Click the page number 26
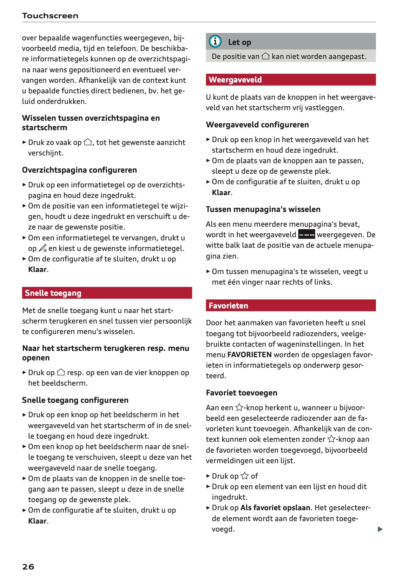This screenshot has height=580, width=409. (x=28, y=567)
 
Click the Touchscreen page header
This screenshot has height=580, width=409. (x=50, y=15)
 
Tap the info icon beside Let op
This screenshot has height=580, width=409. (x=215, y=41)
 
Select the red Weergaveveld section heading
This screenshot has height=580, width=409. (x=235, y=80)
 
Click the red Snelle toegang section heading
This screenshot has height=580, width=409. (x=53, y=293)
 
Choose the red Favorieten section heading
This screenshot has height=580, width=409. (x=228, y=306)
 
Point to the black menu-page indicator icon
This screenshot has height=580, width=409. (x=306, y=234)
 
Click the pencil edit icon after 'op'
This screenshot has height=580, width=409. (x=42, y=248)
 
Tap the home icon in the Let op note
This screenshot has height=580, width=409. (x=266, y=56)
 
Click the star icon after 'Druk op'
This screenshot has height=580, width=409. (x=245, y=476)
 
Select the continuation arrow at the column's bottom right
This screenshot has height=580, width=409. (x=380, y=529)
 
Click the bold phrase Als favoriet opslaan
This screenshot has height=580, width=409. (x=275, y=508)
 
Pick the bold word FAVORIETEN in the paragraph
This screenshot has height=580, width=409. (x=249, y=355)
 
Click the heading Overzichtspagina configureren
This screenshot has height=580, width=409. (x=79, y=170)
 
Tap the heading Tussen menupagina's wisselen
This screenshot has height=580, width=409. (x=263, y=209)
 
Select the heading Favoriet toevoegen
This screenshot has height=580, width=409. (x=242, y=393)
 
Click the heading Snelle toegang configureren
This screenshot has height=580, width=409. (x=75, y=400)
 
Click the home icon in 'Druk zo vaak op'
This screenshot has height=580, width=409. (x=88, y=142)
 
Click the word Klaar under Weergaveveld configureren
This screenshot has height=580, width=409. (x=221, y=192)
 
